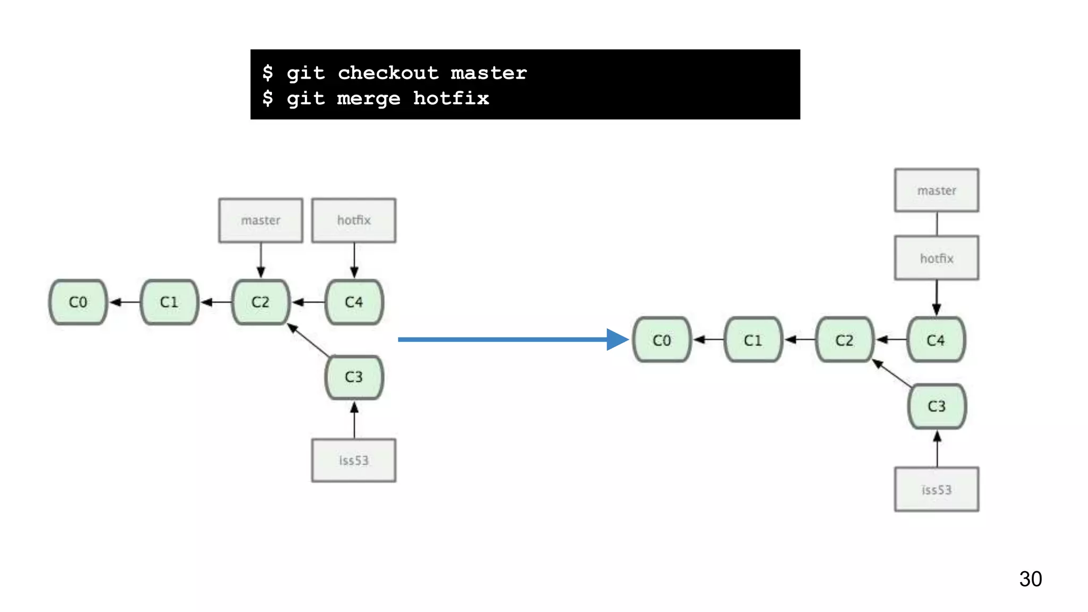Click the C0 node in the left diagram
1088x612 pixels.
pos(78,302)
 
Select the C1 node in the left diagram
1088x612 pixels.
pos(169,302)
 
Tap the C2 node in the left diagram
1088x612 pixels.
pos(260,302)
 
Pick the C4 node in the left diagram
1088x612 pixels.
pos(354,302)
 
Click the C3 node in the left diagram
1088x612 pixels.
pos(354,377)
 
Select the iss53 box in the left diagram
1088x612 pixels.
pos(354,460)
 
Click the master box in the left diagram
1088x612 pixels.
pos(260,220)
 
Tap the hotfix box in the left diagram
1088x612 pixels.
pos(354,220)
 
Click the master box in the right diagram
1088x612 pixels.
pos(937,190)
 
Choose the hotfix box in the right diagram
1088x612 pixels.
pos(937,258)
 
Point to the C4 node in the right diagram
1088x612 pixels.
pos(936,340)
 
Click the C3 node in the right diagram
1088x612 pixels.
pos(937,406)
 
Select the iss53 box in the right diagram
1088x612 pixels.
pos(937,489)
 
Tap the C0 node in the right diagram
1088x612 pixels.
pos(662,340)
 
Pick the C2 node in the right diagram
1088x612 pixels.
pos(844,340)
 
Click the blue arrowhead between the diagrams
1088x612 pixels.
pos(617,339)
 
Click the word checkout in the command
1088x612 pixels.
pos(388,73)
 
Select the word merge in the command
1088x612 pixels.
pos(369,99)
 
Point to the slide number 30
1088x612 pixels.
pos(1030,579)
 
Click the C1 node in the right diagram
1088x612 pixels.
pos(753,340)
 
